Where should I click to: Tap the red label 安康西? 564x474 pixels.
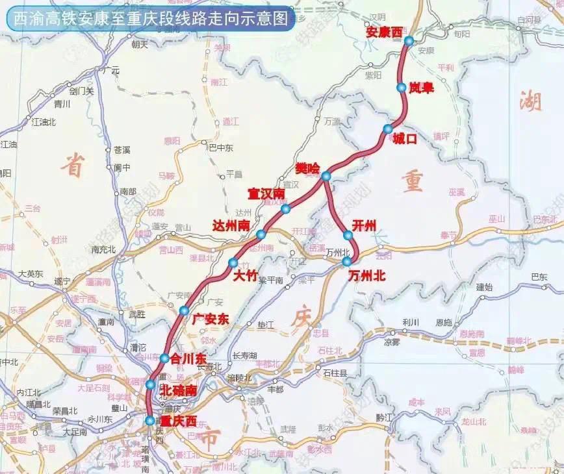pyautogui.click(x=385, y=31)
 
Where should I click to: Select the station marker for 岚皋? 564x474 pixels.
pyautogui.click(x=402, y=86)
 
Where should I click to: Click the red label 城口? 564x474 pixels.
pyautogui.click(x=404, y=138)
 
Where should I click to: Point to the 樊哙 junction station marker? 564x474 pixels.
pyautogui.click(x=326, y=176)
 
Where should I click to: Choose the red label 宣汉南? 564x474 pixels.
pyautogui.click(x=267, y=193)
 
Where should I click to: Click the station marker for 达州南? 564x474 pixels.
pyautogui.click(x=261, y=234)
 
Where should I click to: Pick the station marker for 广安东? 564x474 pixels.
pyautogui.click(x=185, y=310)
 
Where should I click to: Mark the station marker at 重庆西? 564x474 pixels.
pyautogui.click(x=150, y=421)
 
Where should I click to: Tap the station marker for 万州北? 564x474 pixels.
pyautogui.click(x=347, y=261)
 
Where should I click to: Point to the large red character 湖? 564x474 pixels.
pyautogui.click(x=531, y=101)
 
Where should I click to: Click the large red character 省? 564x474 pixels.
pyautogui.click(x=73, y=166)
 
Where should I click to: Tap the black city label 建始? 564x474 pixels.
pyautogui.click(x=485, y=286)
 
